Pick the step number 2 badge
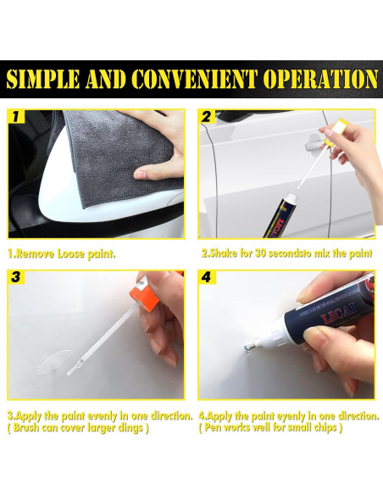[208, 116]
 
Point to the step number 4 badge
[208, 277]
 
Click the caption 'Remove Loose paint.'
[62, 253]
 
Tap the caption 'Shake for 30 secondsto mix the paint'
[286, 253]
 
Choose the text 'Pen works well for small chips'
[275, 427]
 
